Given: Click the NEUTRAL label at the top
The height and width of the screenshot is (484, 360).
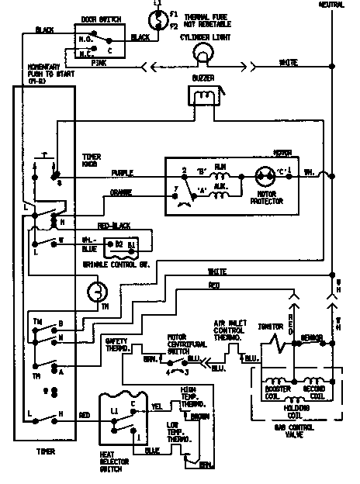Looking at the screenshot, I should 333,5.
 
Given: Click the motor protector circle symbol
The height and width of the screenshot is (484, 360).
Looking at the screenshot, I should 262,175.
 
